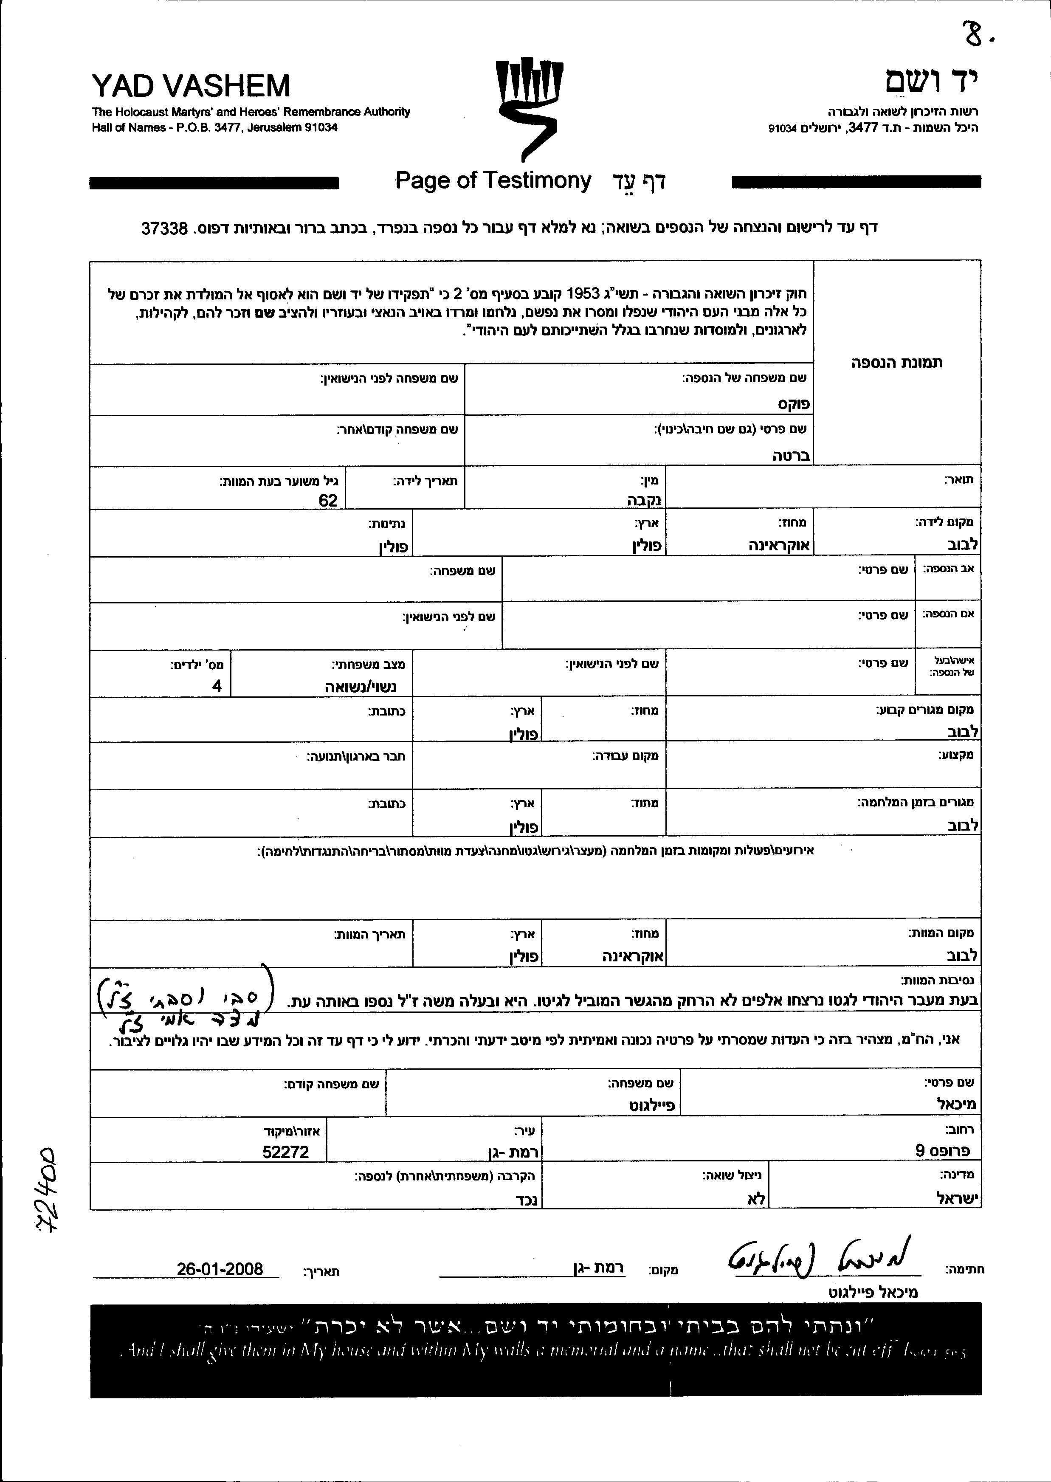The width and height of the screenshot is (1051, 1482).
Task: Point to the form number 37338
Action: click(x=164, y=228)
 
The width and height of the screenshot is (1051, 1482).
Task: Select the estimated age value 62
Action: click(x=328, y=500)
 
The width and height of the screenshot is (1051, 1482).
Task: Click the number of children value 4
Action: click(x=217, y=686)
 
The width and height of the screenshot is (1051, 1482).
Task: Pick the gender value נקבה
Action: click(x=643, y=500)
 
